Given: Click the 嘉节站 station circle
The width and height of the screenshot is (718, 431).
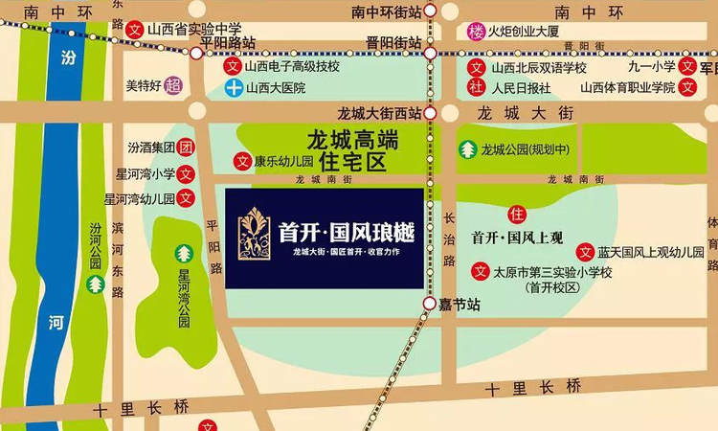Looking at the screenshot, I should (431, 304).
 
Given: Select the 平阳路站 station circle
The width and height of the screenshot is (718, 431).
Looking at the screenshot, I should (196, 54).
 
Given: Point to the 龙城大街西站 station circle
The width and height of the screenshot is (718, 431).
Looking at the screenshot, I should (431, 112).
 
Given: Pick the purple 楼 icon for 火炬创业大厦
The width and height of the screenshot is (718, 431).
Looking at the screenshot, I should (476, 32).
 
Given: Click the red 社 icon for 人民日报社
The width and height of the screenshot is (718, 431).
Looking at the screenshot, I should (476, 88).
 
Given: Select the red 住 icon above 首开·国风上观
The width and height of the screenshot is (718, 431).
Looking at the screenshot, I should (518, 213).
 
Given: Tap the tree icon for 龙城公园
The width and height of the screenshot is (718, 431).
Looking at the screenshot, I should (468, 149).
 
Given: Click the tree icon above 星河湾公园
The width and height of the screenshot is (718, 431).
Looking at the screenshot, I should (184, 254).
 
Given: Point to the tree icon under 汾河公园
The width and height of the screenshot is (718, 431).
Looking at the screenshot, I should (95, 284).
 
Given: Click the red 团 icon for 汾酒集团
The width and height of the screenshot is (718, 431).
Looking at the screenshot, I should (187, 148).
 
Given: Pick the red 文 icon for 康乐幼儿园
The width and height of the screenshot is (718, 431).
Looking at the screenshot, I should (243, 161).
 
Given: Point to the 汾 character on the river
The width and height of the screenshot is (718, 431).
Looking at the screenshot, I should (68, 58).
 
